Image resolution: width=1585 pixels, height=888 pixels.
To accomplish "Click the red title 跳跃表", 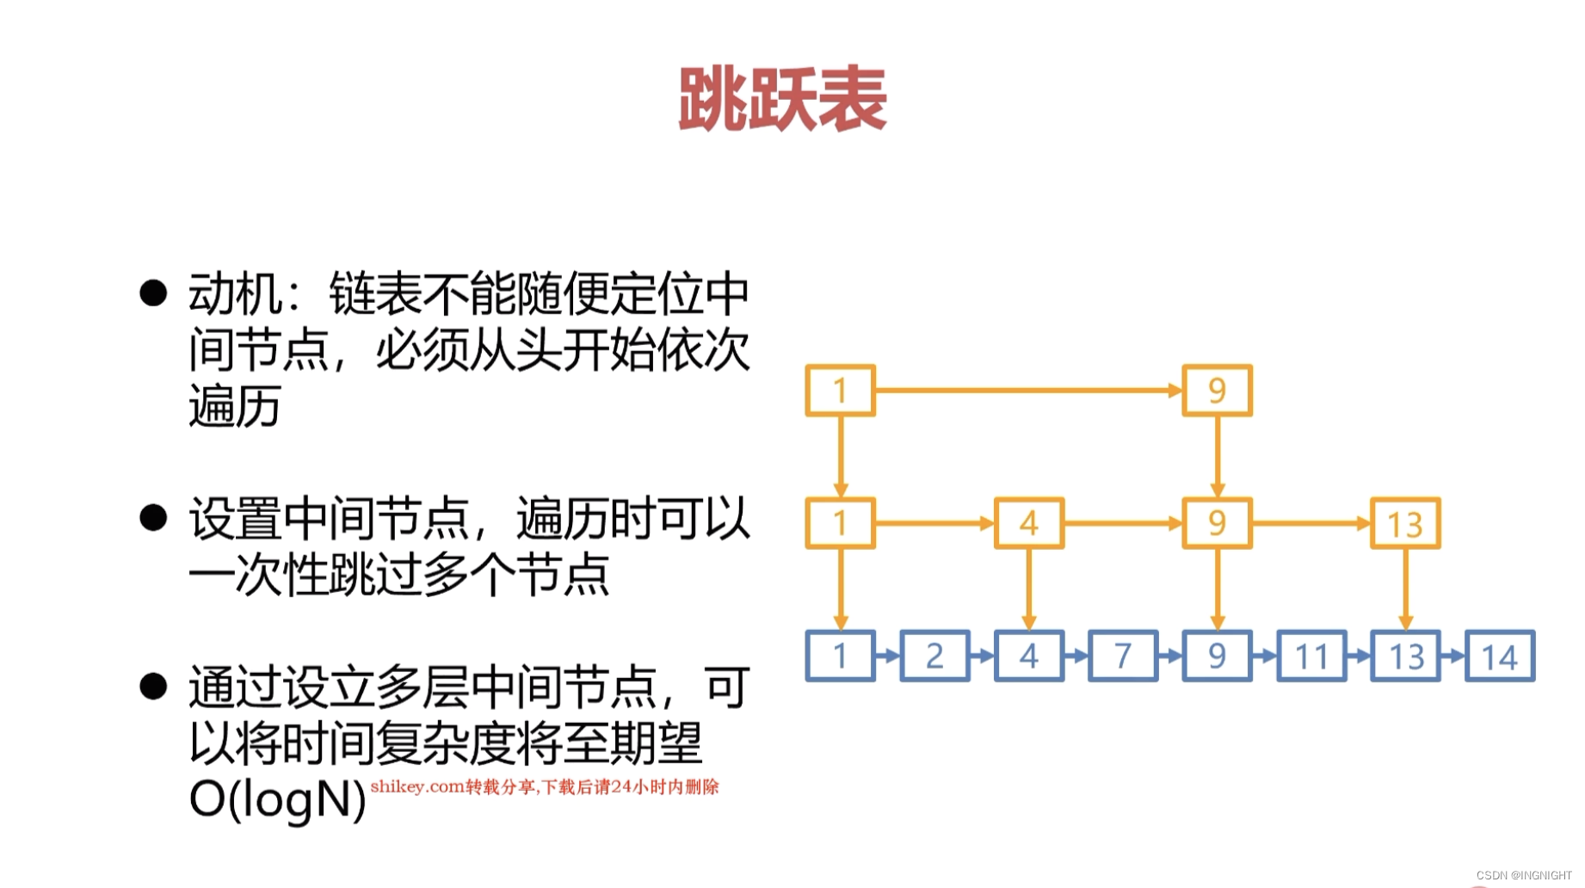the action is click(782, 100).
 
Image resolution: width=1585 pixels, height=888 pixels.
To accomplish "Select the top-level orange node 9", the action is click(1217, 391).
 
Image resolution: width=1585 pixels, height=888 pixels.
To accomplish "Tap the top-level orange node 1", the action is click(840, 391).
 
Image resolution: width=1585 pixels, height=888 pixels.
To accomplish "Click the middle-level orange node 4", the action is click(1028, 523).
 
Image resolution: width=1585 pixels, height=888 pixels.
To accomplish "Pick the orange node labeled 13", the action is click(1405, 523).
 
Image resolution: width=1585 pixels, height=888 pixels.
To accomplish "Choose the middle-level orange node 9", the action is click(1217, 523).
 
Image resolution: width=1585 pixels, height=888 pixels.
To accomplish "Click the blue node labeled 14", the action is click(1500, 657).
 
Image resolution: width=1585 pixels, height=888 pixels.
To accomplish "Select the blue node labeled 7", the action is click(1123, 657).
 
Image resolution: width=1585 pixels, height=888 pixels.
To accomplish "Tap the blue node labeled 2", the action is click(934, 657).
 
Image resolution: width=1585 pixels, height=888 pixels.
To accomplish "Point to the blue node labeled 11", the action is click(1311, 657).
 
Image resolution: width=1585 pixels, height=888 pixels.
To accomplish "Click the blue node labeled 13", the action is click(1405, 657).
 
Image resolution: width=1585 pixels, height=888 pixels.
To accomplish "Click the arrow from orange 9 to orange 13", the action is click(1311, 523).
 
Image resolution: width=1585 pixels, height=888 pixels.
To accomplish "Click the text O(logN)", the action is click(277, 799).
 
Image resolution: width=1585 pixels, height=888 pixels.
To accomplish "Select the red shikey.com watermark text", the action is click(544, 786).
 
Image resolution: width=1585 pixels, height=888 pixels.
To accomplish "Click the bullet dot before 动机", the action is click(153, 293).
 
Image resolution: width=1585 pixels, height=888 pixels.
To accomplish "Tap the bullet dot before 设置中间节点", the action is click(153, 518).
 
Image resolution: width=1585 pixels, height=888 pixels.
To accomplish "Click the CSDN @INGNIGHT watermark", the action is click(1523, 875).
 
